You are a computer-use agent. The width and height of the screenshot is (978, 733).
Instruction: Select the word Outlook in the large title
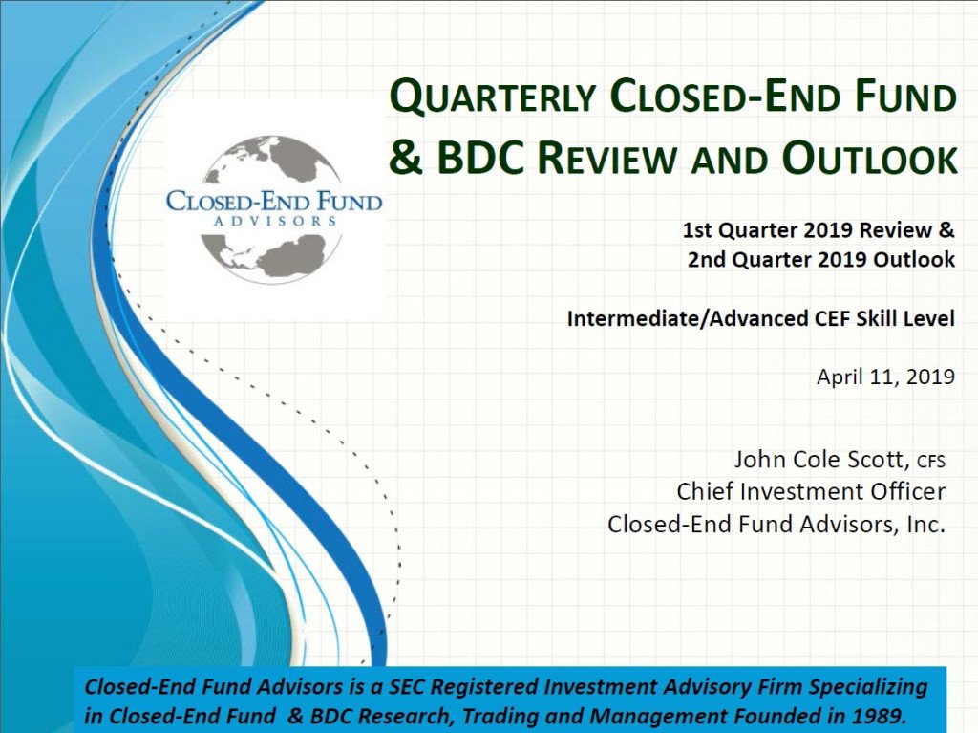click(x=869, y=159)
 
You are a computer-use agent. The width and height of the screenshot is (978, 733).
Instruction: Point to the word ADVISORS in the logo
click(x=274, y=220)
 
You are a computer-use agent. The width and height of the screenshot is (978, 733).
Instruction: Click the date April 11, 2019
click(x=885, y=376)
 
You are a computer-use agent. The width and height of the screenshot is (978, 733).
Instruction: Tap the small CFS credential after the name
click(x=930, y=463)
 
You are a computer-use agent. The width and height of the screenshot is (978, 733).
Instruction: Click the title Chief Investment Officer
click(x=811, y=491)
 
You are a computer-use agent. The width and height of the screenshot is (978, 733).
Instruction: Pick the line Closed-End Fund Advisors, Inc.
click(x=776, y=524)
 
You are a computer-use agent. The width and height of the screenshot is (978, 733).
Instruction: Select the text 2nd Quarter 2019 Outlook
click(x=820, y=259)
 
